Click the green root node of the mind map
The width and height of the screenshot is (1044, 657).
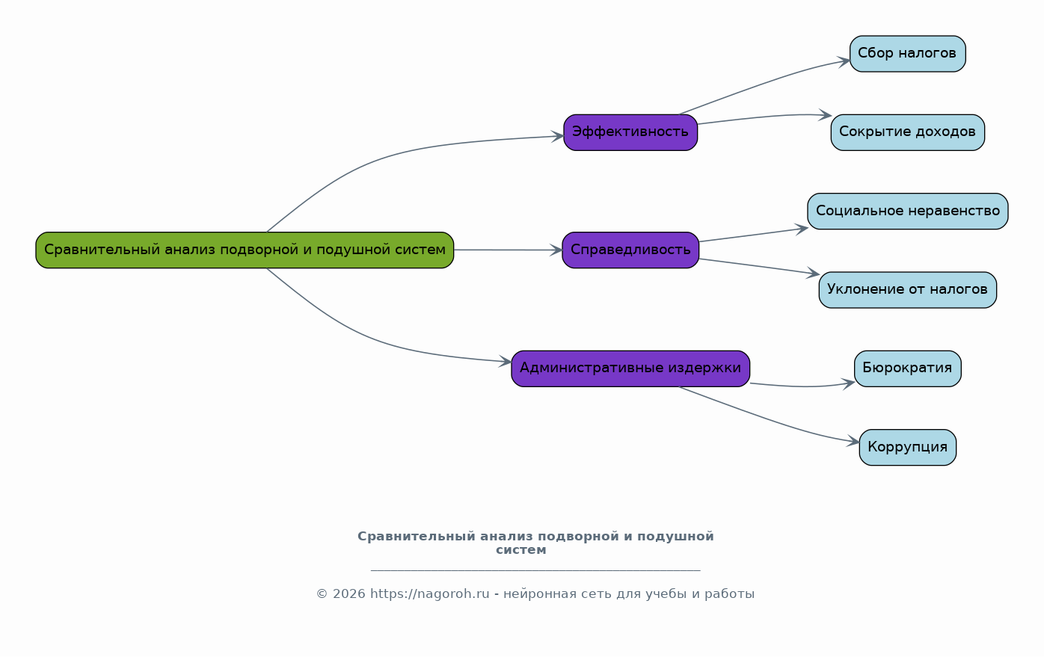pos(245,250)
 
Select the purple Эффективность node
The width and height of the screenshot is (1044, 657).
pos(630,132)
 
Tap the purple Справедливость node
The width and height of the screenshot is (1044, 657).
pos(630,250)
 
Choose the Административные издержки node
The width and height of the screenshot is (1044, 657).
pos(630,368)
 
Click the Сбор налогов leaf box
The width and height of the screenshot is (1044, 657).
pos(907,54)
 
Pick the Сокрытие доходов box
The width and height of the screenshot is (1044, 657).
pos(907,132)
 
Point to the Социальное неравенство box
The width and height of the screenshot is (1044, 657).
pos(907,211)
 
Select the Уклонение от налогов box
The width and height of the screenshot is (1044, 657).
pos(907,290)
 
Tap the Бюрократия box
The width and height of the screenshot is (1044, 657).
pos(907,368)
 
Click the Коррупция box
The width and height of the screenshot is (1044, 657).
pos(907,447)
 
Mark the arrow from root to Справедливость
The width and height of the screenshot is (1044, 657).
pos(508,250)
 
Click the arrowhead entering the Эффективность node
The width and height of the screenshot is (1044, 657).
pos(557,137)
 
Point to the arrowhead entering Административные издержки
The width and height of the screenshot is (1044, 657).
pos(506,361)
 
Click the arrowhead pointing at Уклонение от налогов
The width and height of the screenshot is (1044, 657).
pos(814,274)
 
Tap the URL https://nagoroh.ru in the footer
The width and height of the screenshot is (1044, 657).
pos(430,594)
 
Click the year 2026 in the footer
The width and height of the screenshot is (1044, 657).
pos(348,594)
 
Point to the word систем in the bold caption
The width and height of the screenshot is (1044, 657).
pos(521,550)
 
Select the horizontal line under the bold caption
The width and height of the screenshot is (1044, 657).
pos(535,570)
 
